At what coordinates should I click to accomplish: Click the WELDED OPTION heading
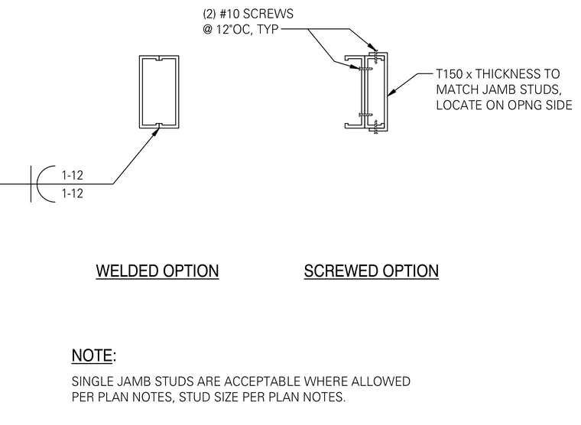(x=157, y=271)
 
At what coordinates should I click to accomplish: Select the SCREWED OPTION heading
(x=372, y=271)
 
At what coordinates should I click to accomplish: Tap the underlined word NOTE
(x=92, y=355)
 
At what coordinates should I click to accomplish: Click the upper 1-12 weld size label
(x=73, y=175)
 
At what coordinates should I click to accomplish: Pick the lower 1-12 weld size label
(x=73, y=193)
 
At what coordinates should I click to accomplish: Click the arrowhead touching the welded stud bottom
(x=156, y=132)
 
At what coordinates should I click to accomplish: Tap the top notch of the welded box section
(x=159, y=59)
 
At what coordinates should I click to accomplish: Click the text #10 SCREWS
(x=256, y=14)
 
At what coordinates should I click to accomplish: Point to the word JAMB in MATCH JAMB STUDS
(x=499, y=89)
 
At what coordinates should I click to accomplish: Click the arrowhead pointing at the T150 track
(x=391, y=92)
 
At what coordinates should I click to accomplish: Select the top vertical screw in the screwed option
(x=375, y=57)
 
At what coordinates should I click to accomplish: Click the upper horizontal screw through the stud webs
(x=365, y=68)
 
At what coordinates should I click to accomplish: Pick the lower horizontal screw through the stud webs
(x=365, y=115)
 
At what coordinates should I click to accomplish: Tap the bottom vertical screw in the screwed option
(x=376, y=126)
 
